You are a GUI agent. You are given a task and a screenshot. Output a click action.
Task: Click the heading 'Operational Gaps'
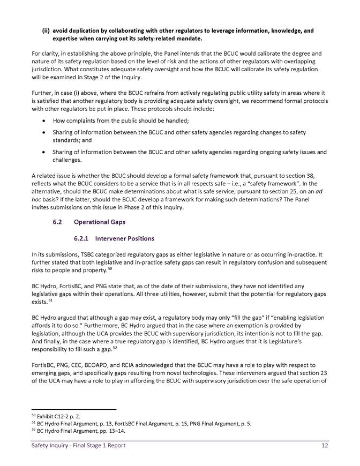coord(99,221)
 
